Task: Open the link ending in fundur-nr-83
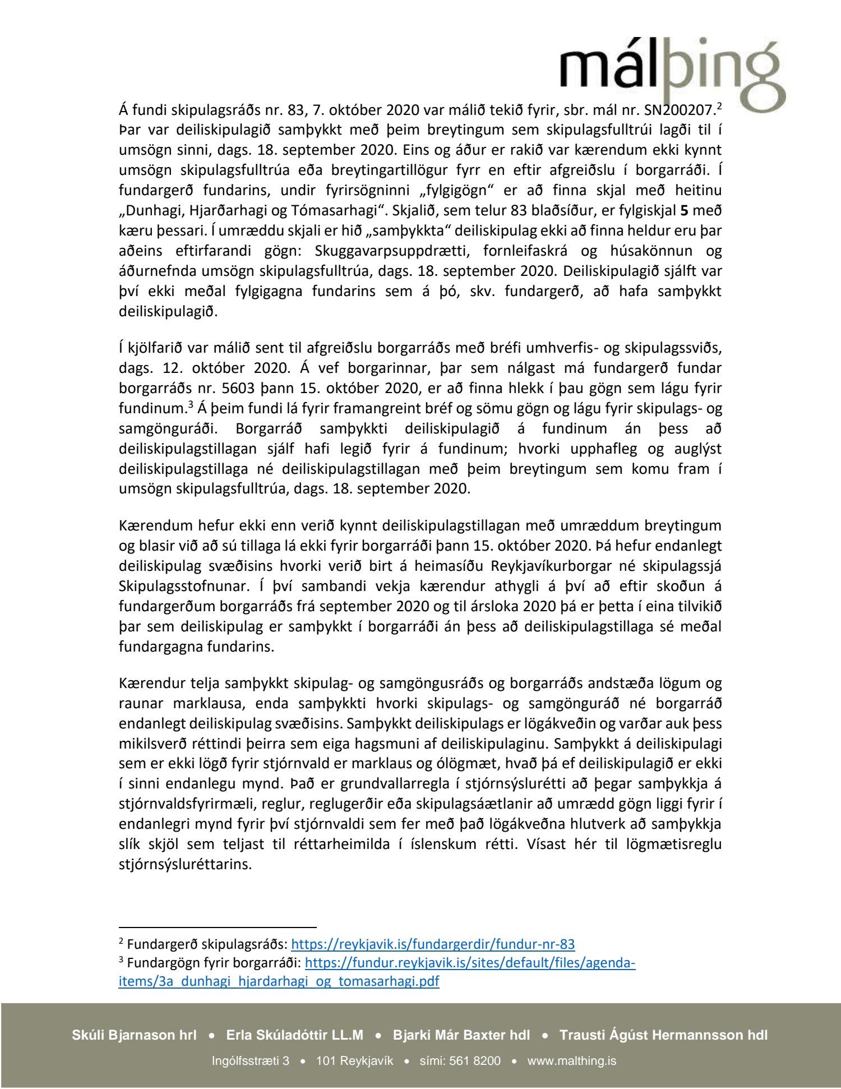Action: (433, 944)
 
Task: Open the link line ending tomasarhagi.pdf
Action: (279, 981)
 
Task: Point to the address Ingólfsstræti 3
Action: (251, 1061)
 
